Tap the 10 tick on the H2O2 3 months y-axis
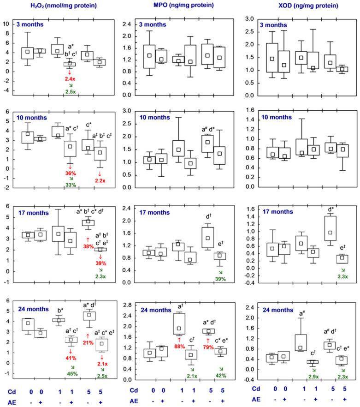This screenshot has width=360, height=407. coord(6,24)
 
